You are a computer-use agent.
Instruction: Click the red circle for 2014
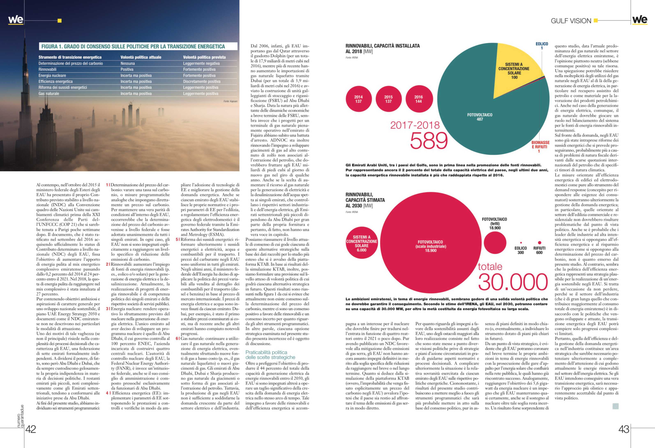click(x=358, y=99)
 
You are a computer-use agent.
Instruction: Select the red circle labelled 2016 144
click(x=419, y=99)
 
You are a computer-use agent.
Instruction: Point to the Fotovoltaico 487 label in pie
click(x=480, y=117)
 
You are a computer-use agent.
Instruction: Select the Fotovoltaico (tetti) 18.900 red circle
click(x=495, y=242)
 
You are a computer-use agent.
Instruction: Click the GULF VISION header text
click(x=571, y=21)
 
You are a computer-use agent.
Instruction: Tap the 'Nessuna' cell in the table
click(x=128, y=64)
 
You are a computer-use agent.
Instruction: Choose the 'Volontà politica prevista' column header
click(x=204, y=57)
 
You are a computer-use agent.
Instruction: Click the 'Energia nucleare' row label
click(x=52, y=75)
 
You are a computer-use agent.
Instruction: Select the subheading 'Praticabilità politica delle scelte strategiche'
click(x=270, y=355)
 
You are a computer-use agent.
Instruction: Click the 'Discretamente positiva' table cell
click(x=202, y=82)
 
